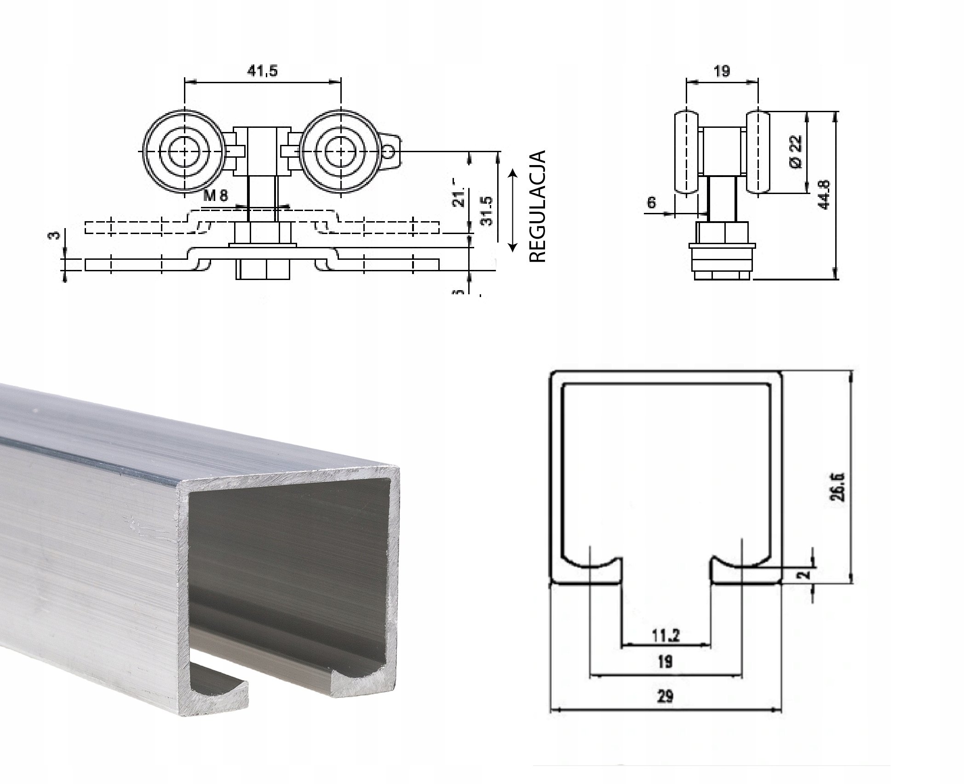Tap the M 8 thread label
(216, 196)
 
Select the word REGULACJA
(537, 206)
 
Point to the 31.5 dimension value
(486, 211)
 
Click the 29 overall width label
(665, 696)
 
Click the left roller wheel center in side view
(184, 151)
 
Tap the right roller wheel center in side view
(340, 151)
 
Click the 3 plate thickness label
(54, 235)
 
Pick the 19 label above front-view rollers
(722, 71)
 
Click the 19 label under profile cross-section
(665, 662)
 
